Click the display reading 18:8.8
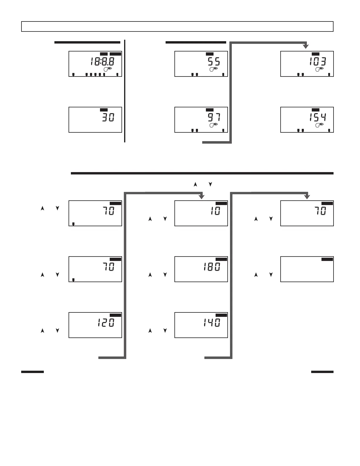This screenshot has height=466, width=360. point(102,62)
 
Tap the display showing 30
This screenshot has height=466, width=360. point(108,118)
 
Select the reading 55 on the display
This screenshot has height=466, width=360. point(214,62)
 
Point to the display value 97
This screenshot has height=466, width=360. point(214,118)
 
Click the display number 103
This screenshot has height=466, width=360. point(317,62)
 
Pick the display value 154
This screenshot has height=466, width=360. point(317,118)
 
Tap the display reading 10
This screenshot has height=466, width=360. point(215,211)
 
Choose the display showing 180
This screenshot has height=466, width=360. point(211,267)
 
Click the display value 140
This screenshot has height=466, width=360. point(211,323)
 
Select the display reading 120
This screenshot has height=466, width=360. point(106,323)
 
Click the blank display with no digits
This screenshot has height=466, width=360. point(307,269)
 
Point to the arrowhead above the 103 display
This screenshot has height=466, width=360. point(306,46)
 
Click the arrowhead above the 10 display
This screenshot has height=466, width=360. point(201,197)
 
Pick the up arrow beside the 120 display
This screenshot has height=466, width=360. point(42,331)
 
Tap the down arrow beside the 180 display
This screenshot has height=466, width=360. point(165,275)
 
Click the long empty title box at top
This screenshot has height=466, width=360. point(177,26)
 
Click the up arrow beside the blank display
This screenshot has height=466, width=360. point(256,275)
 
